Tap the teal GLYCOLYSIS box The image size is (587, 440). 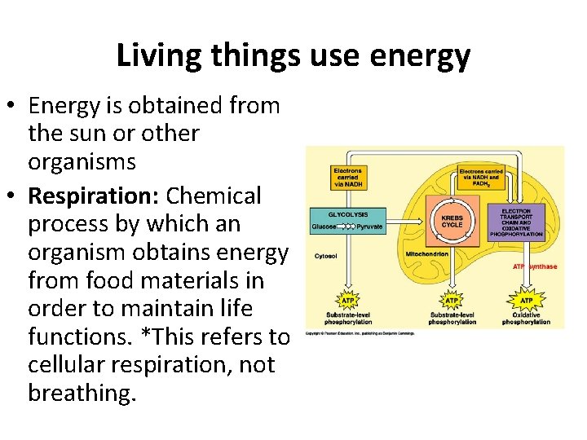click(347, 220)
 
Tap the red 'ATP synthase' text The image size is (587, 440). click(535, 266)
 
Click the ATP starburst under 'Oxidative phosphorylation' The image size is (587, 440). click(526, 300)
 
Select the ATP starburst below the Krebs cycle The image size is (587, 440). click(452, 300)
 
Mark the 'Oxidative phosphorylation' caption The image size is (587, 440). click(526, 318)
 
